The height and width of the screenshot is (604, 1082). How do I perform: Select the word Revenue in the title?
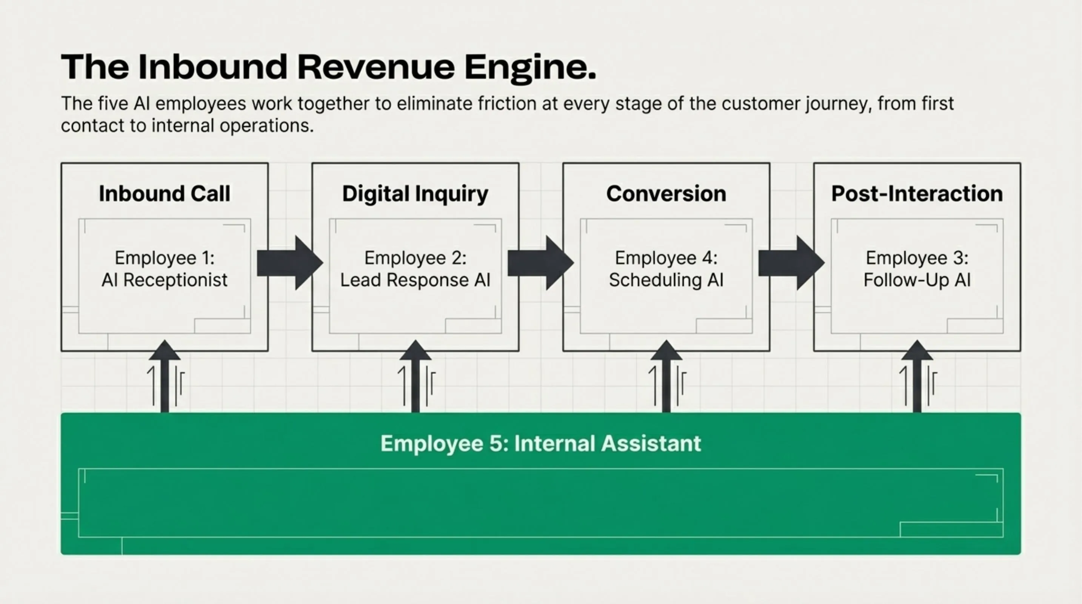pos(376,67)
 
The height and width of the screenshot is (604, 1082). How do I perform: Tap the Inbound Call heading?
pos(164,194)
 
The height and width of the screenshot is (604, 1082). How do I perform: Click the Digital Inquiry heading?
pos(415,194)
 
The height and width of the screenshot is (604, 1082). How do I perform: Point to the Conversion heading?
pos(666,194)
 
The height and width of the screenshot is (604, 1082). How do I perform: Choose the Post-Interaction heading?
pos(917,194)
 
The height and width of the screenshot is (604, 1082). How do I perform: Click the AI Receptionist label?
pos(164,280)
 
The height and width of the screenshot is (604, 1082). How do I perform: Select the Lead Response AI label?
pos(415,280)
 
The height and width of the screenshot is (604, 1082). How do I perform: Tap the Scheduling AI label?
pos(666,280)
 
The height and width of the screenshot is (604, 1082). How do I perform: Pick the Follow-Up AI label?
pos(917,280)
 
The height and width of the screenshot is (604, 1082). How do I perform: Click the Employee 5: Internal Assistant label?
pos(540,443)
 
